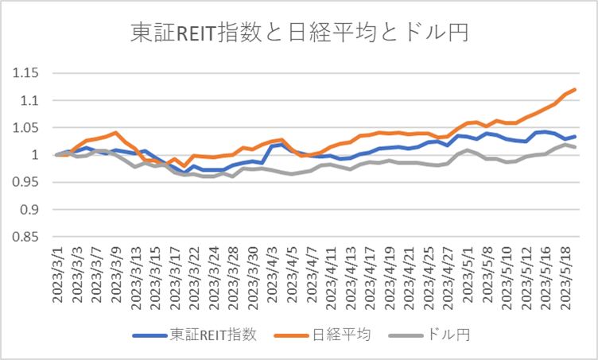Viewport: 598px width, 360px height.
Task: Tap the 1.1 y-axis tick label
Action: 30,100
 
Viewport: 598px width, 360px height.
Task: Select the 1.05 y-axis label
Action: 27,127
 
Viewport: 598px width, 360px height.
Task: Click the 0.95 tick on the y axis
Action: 27,182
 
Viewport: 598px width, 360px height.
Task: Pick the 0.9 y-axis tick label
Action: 30,209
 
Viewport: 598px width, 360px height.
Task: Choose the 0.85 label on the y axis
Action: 27,237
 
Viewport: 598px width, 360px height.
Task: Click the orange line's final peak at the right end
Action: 575,89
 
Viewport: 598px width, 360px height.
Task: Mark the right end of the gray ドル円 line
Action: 575,147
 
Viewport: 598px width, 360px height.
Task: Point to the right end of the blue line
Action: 575,137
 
